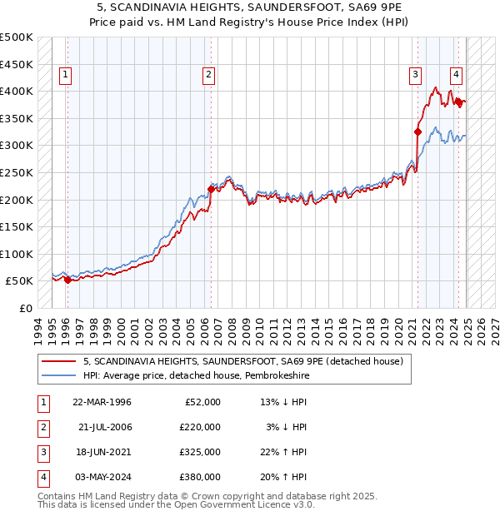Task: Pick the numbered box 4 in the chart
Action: [455, 73]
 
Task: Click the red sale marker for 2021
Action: [418, 131]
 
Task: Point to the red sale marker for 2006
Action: [211, 189]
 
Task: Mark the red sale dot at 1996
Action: [67, 280]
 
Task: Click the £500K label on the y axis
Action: [17, 37]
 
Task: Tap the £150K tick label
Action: [17, 226]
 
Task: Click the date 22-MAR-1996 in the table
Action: [102, 402]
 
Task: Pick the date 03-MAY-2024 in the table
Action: [102, 477]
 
